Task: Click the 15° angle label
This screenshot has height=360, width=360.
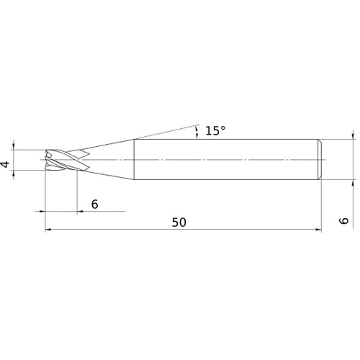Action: pos(215,131)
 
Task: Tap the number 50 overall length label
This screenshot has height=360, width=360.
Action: pos(179,222)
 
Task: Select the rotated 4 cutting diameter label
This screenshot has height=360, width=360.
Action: pos(5,165)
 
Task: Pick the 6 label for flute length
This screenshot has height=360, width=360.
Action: pos(95,204)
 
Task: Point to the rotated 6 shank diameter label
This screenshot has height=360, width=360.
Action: pos(344,221)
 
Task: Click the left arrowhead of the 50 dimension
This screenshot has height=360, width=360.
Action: pos(48,230)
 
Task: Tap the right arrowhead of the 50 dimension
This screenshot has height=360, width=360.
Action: pos(318,230)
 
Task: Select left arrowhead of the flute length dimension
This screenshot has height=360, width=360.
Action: pos(42,212)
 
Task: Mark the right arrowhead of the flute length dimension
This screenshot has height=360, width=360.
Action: pos(80,212)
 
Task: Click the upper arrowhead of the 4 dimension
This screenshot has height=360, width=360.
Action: pos(14,147)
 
